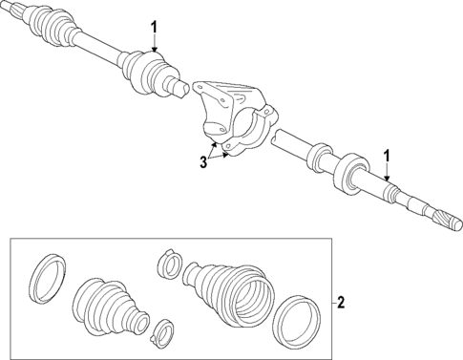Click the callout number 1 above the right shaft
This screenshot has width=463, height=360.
click(387, 154)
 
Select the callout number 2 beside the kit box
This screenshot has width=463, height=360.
click(339, 303)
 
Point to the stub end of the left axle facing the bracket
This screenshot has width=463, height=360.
click(179, 89)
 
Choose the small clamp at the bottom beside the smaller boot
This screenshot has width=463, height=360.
click(163, 331)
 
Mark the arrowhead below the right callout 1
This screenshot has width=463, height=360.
click(387, 177)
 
